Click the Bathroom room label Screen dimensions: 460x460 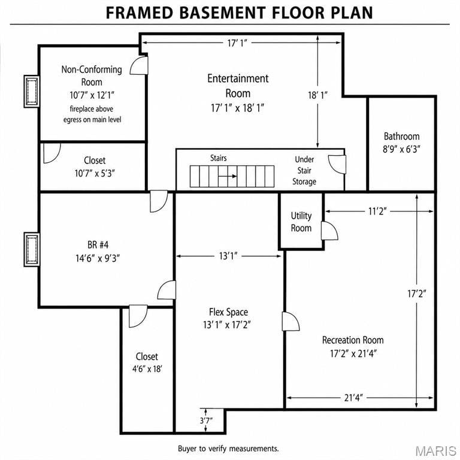(x=401, y=137)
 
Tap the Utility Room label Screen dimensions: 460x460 (x=301, y=222)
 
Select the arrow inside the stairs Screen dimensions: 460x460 (x=228, y=176)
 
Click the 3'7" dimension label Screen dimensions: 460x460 (x=206, y=420)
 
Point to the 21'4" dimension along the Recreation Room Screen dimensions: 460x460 (x=353, y=398)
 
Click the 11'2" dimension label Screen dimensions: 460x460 (x=377, y=211)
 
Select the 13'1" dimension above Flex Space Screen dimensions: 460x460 (x=228, y=256)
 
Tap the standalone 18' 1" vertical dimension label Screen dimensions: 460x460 (x=317, y=95)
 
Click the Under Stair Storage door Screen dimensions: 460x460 (x=337, y=164)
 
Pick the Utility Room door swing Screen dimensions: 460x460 (x=329, y=231)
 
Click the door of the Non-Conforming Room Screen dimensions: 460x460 (x=139, y=65)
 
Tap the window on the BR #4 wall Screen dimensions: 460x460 (x=32, y=250)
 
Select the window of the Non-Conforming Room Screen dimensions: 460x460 (x=32, y=92)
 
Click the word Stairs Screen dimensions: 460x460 (x=219, y=158)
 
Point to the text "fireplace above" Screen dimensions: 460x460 (x=92, y=109)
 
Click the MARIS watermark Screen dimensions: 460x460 (x=436, y=451)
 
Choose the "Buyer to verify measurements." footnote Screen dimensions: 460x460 (x=228, y=449)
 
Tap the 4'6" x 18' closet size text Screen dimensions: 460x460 (x=147, y=369)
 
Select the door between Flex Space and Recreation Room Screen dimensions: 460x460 (x=290, y=321)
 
